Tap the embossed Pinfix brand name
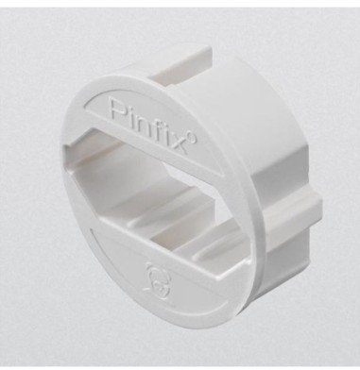click(x=152, y=125)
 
